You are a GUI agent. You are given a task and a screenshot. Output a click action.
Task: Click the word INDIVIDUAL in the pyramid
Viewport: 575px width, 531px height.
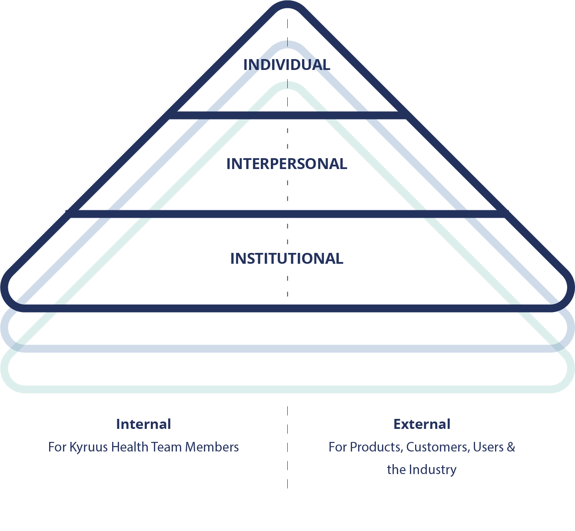pyautogui.click(x=286, y=65)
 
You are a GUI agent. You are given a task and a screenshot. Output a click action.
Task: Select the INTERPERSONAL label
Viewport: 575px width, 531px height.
pyautogui.click(x=286, y=164)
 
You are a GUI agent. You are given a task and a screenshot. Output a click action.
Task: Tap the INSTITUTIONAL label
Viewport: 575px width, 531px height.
pyautogui.click(x=286, y=259)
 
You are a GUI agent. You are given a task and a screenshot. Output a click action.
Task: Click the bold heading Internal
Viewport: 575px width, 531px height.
pyautogui.click(x=143, y=424)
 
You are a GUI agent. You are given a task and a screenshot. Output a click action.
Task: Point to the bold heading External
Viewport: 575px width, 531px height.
pyautogui.click(x=422, y=424)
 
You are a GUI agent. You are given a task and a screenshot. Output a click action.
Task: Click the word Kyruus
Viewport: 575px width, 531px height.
pyautogui.click(x=89, y=447)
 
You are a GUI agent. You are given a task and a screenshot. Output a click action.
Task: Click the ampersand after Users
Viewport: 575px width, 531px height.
pyautogui.click(x=511, y=447)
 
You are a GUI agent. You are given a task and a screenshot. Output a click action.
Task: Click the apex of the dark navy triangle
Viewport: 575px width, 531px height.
pyautogui.click(x=287, y=5)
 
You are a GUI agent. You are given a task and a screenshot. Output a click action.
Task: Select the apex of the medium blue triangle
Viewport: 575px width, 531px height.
pyautogui.click(x=287, y=45)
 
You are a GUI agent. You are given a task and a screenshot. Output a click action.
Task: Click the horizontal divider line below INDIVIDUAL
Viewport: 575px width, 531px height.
pyautogui.click(x=287, y=115)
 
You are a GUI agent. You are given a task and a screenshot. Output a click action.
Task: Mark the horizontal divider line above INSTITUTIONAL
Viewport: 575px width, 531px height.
pyautogui.click(x=287, y=214)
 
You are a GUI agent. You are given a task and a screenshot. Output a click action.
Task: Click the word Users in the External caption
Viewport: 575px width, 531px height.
pyautogui.click(x=488, y=447)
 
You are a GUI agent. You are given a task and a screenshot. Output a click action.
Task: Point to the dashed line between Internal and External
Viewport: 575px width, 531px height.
pyautogui.click(x=287, y=448)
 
